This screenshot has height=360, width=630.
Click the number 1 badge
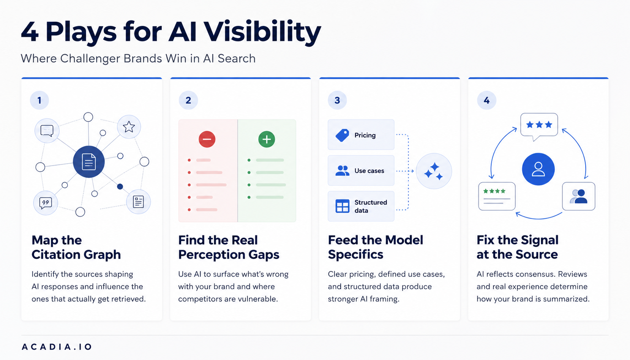(x=39, y=100)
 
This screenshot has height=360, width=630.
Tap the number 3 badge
(x=337, y=100)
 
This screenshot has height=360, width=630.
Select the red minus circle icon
(x=207, y=139)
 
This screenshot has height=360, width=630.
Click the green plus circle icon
(x=267, y=139)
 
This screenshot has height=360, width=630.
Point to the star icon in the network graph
(x=129, y=127)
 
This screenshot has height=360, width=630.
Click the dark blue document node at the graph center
(x=88, y=162)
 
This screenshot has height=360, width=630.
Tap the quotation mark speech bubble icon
(x=46, y=203)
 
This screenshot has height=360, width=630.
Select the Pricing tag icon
(x=342, y=135)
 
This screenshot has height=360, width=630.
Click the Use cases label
(x=369, y=171)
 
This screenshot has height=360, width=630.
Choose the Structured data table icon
(x=342, y=206)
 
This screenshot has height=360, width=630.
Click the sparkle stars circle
(x=434, y=171)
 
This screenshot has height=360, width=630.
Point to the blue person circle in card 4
(x=538, y=169)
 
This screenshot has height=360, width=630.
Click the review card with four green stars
(x=497, y=196)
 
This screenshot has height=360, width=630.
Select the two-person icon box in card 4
(x=578, y=196)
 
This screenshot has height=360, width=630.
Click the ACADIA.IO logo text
(x=57, y=347)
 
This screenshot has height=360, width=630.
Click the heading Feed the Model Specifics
(x=376, y=247)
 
